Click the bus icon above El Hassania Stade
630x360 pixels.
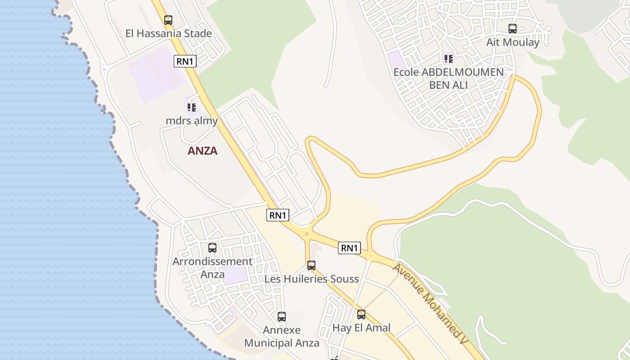click(168, 20)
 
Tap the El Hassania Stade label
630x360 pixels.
click(169, 33)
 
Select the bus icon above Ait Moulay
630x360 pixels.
click(513, 29)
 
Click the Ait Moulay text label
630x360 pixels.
click(513, 42)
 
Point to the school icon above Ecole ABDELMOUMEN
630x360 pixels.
click(448, 59)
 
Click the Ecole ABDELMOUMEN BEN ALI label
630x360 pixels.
click(448, 78)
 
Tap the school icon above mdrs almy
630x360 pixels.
click(192, 108)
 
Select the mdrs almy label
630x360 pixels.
click(192, 121)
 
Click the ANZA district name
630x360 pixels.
click(202, 151)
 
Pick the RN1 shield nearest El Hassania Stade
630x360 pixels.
click(185, 61)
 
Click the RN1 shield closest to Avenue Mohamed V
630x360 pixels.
click(350, 247)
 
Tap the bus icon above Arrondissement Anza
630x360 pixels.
click(212, 247)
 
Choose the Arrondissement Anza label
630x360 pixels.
click(212, 267)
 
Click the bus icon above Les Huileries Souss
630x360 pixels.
click(311, 265)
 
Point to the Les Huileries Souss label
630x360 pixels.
click(311, 279)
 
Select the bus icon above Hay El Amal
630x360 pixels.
click(361, 315)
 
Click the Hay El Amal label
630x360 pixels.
click(361, 328)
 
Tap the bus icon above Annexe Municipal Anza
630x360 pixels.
click(282, 317)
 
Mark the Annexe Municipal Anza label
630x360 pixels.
click(282, 337)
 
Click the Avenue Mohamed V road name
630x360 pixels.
click(430, 304)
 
